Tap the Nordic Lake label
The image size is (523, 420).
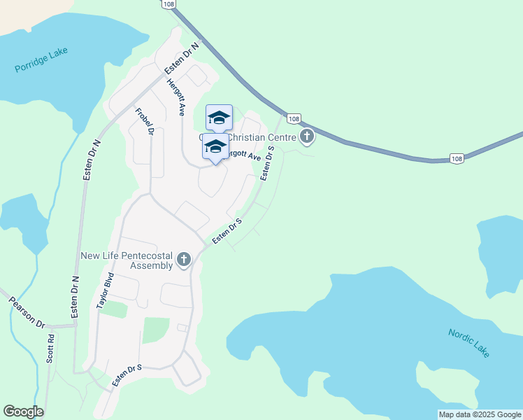tap(469, 343)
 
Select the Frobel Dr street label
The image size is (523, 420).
tap(144, 120)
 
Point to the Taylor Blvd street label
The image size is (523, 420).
tap(104, 290)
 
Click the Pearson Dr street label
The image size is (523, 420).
tap(26, 313)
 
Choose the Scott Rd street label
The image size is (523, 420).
tap(50, 349)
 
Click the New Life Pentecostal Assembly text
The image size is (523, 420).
tap(127, 260)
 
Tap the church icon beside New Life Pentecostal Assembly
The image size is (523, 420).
tap(184, 260)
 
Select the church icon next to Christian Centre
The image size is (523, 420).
tap(306, 136)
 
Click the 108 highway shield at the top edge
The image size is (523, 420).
tap(168, 4)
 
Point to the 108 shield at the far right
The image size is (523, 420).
tap(457, 159)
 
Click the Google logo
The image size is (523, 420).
tap(23, 411)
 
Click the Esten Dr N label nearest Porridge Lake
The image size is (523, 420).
tap(182, 58)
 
